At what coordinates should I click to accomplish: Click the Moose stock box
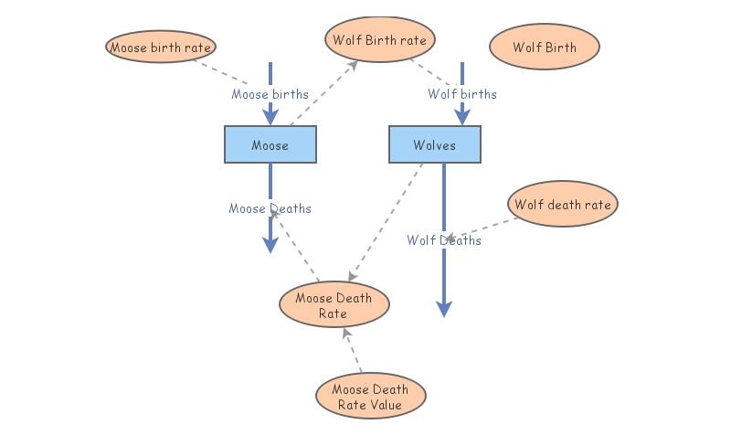270,145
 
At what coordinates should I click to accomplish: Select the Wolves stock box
435,145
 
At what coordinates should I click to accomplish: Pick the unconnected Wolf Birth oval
545,47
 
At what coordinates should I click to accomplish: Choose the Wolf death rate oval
562,205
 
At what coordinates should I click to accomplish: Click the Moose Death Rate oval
334,305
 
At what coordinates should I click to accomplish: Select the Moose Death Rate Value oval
370,397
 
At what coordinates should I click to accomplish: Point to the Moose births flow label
270,94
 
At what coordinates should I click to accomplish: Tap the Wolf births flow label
462,94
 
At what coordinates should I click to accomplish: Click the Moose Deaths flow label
270,208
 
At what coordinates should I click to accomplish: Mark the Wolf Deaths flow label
444,240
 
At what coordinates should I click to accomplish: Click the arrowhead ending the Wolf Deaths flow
444,309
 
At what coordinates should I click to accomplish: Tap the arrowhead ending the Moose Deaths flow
270,244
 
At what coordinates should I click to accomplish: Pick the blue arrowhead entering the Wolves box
462,116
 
